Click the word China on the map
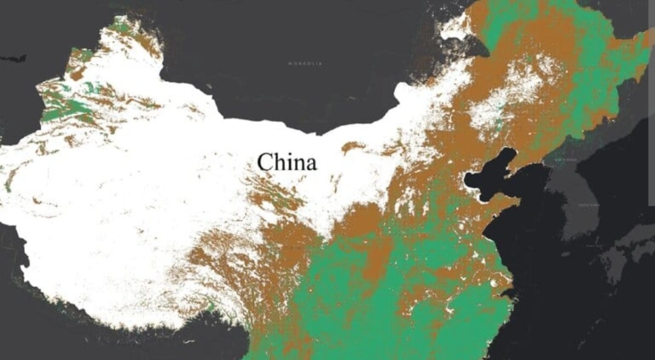[x=286, y=162]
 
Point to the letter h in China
[x=278, y=161]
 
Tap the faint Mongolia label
[x=305, y=63]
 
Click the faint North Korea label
[x=565, y=160]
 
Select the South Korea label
[x=588, y=205]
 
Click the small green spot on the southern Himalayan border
[x=211, y=305]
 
